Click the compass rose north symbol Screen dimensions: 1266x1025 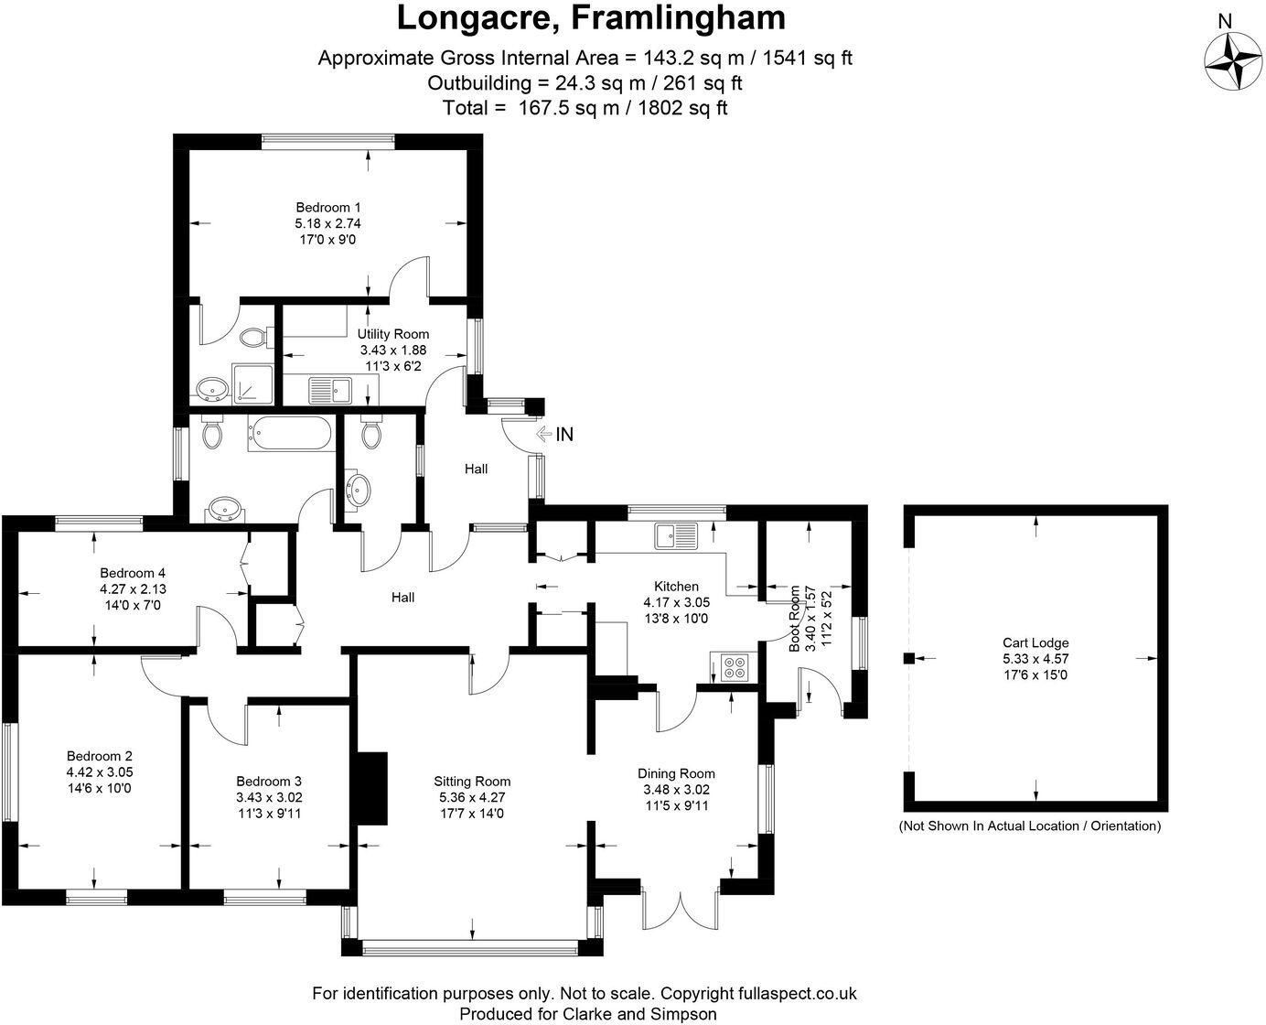1233,61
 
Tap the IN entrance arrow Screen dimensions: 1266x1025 544,435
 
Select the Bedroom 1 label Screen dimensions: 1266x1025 328,208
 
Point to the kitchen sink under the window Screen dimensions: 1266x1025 676,535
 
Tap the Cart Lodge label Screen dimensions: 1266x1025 1035,642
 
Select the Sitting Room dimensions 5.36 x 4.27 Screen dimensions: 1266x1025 472,797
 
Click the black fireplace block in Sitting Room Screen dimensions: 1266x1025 370,788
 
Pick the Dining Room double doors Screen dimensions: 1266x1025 681,910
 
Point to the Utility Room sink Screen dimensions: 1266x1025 330,391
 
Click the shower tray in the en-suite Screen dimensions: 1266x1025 252,384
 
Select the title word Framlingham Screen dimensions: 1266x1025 678,17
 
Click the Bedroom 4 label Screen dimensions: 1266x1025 133,573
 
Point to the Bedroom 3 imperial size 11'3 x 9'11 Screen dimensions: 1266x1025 270,814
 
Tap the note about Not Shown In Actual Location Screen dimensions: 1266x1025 1029,825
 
